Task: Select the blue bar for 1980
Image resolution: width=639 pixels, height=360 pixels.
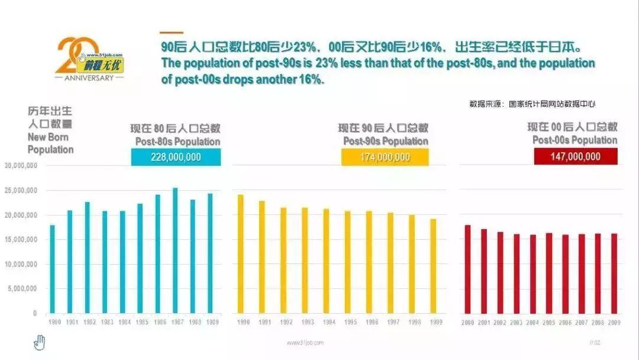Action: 52,269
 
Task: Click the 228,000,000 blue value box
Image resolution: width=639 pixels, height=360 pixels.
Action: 176,157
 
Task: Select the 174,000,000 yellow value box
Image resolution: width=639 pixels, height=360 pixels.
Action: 385,157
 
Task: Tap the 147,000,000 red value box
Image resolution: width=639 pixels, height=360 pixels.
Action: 576,156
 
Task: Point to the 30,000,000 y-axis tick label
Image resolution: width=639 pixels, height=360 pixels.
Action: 21,166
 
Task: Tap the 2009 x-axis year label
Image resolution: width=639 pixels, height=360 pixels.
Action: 614,323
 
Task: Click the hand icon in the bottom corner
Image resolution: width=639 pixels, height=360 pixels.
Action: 39,342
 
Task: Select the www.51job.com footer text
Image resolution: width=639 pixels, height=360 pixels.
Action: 305,343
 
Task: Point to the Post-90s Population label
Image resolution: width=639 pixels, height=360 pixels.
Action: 385,141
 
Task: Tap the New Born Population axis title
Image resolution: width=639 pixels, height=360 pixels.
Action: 51,143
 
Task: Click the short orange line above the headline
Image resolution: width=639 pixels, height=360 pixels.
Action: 172,33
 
